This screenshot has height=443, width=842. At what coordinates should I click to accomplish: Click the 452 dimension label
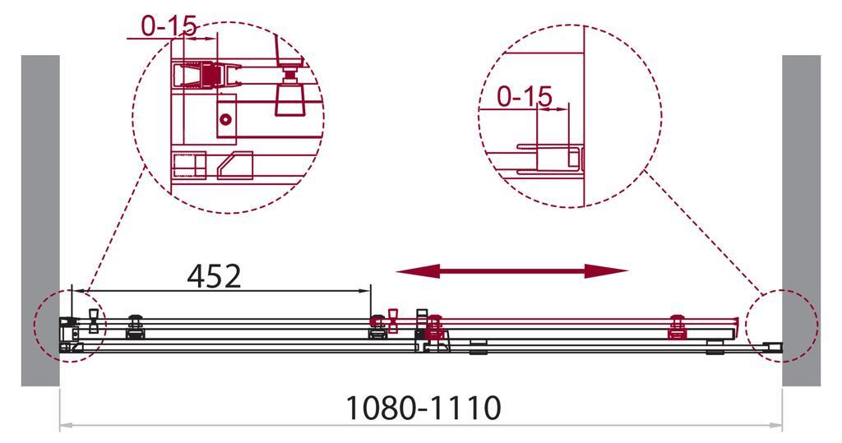(214, 275)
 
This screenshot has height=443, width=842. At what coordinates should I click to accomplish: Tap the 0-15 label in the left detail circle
(169, 26)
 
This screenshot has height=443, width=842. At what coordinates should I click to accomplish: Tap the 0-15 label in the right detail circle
(525, 97)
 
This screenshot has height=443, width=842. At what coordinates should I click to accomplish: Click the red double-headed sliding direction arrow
(512, 271)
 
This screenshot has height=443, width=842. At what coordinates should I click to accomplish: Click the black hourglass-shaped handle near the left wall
(93, 321)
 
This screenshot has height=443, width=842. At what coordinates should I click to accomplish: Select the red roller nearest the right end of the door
(678, 326)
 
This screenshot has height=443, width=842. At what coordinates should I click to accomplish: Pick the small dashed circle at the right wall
(782, 325)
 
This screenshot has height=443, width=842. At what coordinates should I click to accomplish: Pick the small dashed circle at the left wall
(66, 325)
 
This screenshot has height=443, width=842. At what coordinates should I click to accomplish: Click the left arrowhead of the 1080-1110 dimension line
(65, 426)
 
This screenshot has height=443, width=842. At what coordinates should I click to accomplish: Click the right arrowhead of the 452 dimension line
(367, 290)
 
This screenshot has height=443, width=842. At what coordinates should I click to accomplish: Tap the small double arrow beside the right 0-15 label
(552, 108)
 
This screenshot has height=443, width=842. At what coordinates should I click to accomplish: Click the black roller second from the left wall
(133, 325)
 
